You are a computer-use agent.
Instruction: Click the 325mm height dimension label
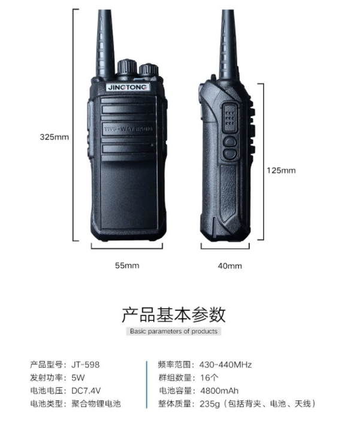[x=54, y=137]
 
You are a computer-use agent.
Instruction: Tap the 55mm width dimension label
[x=127, y=266]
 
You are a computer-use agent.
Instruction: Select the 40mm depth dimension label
[x=230, y=266]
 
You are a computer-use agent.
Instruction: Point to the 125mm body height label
[x=281, y=171]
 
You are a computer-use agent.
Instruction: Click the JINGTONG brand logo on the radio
[x=128, y=87]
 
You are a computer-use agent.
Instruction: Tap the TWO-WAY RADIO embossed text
[x=128, y=129]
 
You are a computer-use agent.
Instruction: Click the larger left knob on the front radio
[x=127, y=67]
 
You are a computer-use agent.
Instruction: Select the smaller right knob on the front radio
[x=149, y=69]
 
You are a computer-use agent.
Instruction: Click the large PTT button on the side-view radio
[x=229, y=118]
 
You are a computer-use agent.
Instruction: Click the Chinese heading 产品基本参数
[x=174, y=315]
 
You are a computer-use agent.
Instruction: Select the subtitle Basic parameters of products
[x=174, y=331]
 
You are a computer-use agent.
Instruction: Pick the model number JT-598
[x=86, y=365]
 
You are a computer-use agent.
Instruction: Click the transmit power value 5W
[x=78, y=378]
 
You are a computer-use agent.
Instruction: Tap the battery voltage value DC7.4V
[x=86, y=390]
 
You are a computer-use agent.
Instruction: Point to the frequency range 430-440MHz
[x=225, y=365]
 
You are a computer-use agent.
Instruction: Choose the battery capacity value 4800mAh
[x=219, y=390]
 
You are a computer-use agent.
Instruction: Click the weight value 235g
[x=210, y=404]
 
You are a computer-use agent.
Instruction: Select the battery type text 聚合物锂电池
[x=96, y=404]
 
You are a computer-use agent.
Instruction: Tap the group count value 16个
[x=209, y=378]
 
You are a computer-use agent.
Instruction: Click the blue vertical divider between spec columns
[x=147, y=384]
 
